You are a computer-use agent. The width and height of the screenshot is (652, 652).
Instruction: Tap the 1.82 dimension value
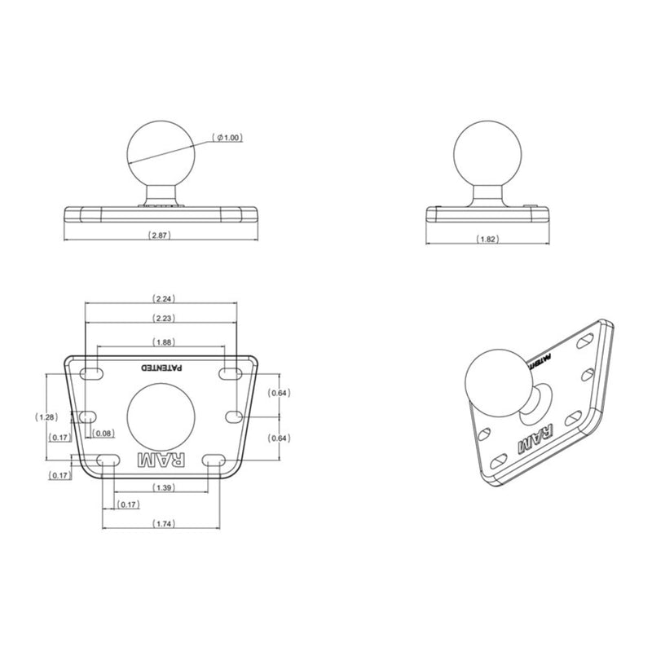[487, 240]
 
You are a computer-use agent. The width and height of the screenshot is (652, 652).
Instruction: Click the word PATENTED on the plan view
[164, 368]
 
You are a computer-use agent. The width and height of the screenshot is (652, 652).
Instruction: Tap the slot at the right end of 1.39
[215, 461]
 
